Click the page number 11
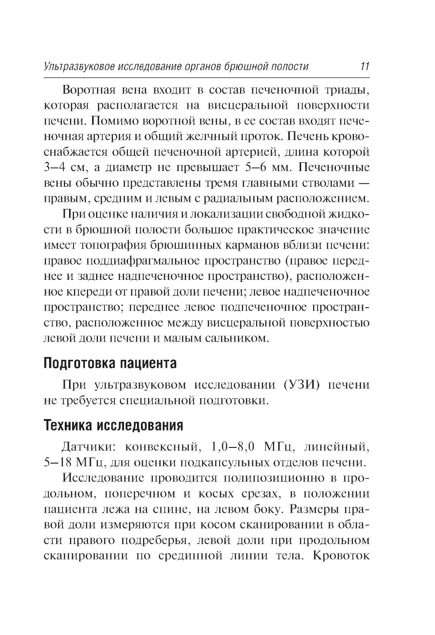[364, 67]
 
